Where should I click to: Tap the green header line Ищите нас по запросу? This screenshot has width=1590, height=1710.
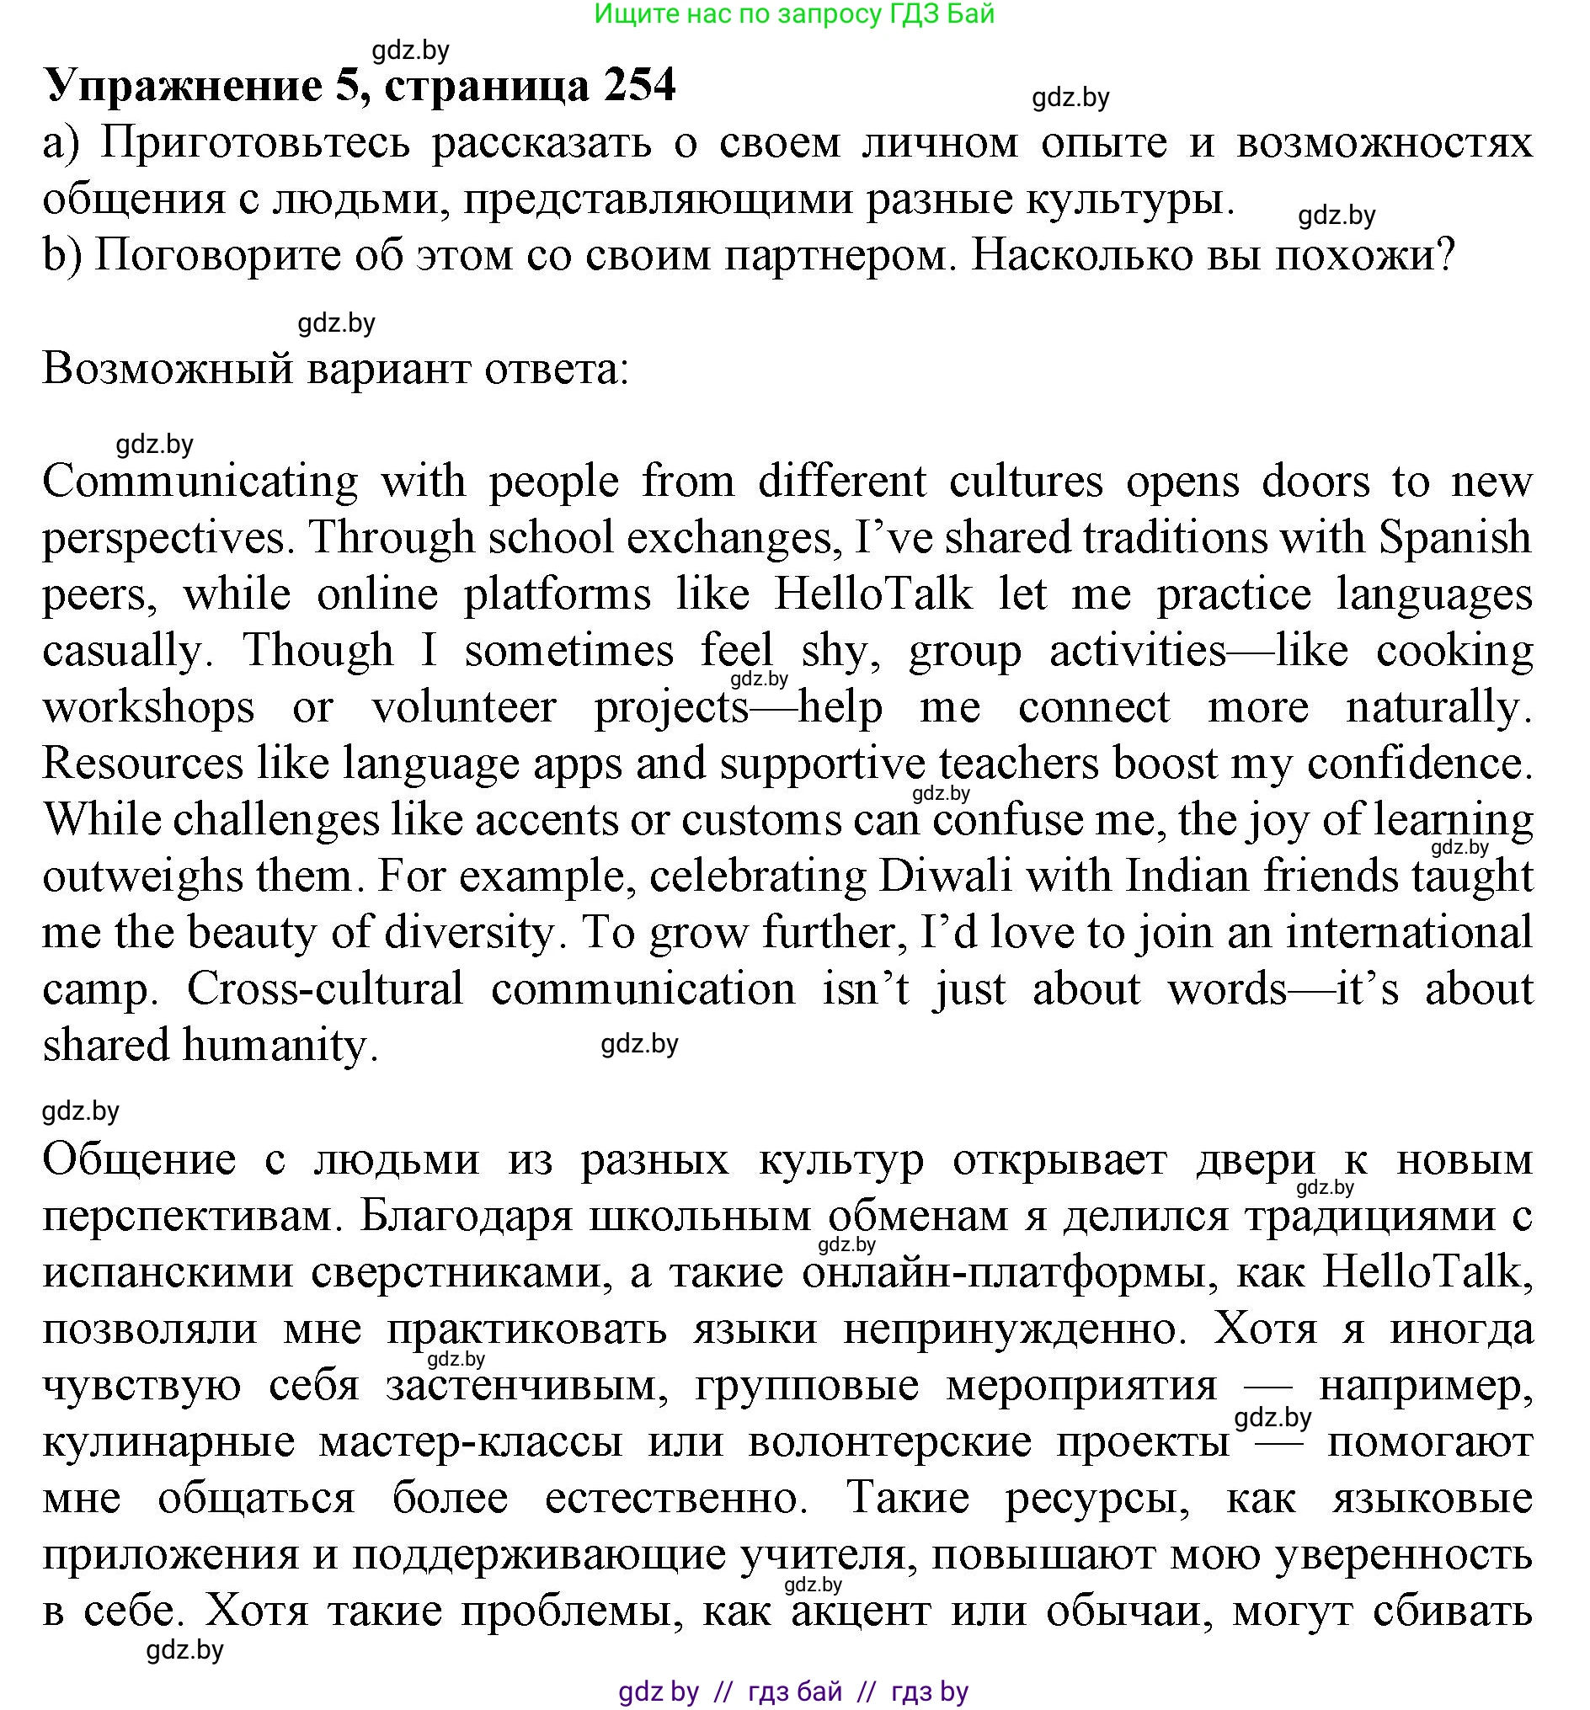click(793, 13)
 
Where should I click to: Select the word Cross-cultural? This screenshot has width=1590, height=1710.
click(325, 990)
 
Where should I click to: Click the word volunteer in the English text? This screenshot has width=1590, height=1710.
click(464, 708)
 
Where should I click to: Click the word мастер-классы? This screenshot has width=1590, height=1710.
click(471, 1442)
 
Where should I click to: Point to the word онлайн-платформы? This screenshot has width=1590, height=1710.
click(1003, 1272)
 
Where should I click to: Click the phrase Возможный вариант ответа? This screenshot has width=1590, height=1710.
click(335, 370)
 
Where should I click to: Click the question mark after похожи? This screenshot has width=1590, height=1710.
click(1445, 255)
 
